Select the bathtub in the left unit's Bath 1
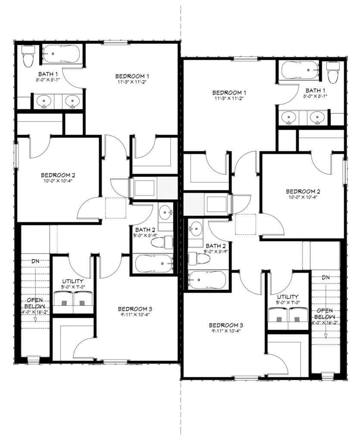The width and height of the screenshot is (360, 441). (x=61, y=54)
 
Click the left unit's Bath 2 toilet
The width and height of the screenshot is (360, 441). (x=162, y=242)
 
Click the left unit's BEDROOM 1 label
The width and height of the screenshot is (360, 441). (x=132, y=76)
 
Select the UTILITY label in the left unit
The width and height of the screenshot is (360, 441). (x=73, y=281)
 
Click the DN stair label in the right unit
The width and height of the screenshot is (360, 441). (x=326, y=277)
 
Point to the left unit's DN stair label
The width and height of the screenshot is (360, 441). (x=35, y=261)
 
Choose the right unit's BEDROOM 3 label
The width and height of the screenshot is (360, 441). (x=226, y=326)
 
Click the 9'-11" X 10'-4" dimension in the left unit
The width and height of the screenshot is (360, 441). (x=134, y=314)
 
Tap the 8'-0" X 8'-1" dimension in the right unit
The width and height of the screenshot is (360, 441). (x=315, y=96)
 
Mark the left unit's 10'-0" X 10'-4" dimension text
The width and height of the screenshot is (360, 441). (x=58, y=181)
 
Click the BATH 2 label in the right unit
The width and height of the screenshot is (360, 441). (x=216, y=246)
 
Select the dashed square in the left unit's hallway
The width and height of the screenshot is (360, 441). (x=116, y=208)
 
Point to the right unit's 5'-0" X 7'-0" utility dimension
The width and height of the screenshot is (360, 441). (x=288, y=303)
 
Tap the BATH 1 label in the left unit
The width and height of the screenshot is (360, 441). (x=48, y=74)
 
